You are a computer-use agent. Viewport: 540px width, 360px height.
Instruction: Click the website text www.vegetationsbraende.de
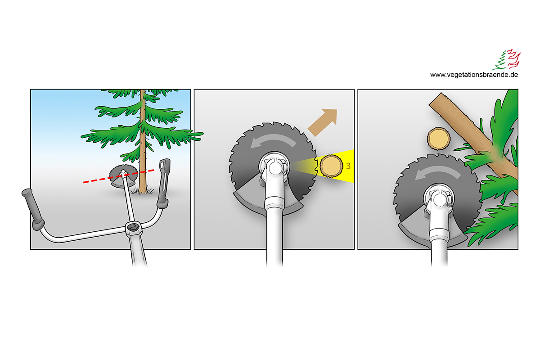tap(474, 75)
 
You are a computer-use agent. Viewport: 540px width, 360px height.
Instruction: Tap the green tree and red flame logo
tap(506, 59)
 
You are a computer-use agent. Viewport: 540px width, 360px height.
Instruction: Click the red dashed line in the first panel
tap(119, 176)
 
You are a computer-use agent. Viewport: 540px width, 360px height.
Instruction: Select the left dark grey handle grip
tap(33, 209)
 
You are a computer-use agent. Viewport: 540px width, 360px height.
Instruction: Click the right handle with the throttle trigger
tap(164, 183)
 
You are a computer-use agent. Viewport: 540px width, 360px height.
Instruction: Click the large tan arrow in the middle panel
tap(323, 122)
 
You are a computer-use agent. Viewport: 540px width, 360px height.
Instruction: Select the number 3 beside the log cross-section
tap(348, 166)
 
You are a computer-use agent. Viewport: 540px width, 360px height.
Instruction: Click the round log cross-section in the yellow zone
tap(331, 166)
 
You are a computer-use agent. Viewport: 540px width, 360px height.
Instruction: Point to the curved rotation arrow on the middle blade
tap(273, 140)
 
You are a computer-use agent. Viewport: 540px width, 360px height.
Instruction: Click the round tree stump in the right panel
tap(439, 139)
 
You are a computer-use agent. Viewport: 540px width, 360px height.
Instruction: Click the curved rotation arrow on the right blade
tap(437, 172)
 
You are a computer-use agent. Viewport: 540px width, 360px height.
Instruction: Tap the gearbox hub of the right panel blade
tap(439, 199)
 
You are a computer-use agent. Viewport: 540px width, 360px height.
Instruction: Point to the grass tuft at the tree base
tap(143, 190)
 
